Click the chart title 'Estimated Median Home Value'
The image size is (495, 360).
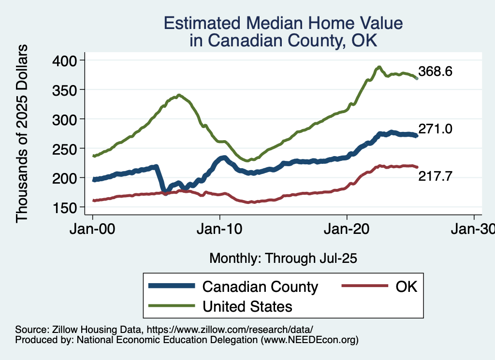click(283, 23)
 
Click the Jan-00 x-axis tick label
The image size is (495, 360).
click(92, 229)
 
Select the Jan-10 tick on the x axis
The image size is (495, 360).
click(219, 229)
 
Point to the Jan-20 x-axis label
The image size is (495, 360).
click(347, 229)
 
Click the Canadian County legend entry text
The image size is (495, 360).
click(260, 287)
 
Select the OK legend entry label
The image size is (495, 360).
click(406, 287)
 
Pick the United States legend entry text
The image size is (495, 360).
click(247, 306)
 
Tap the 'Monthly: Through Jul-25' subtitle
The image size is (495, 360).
click(283, 258)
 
